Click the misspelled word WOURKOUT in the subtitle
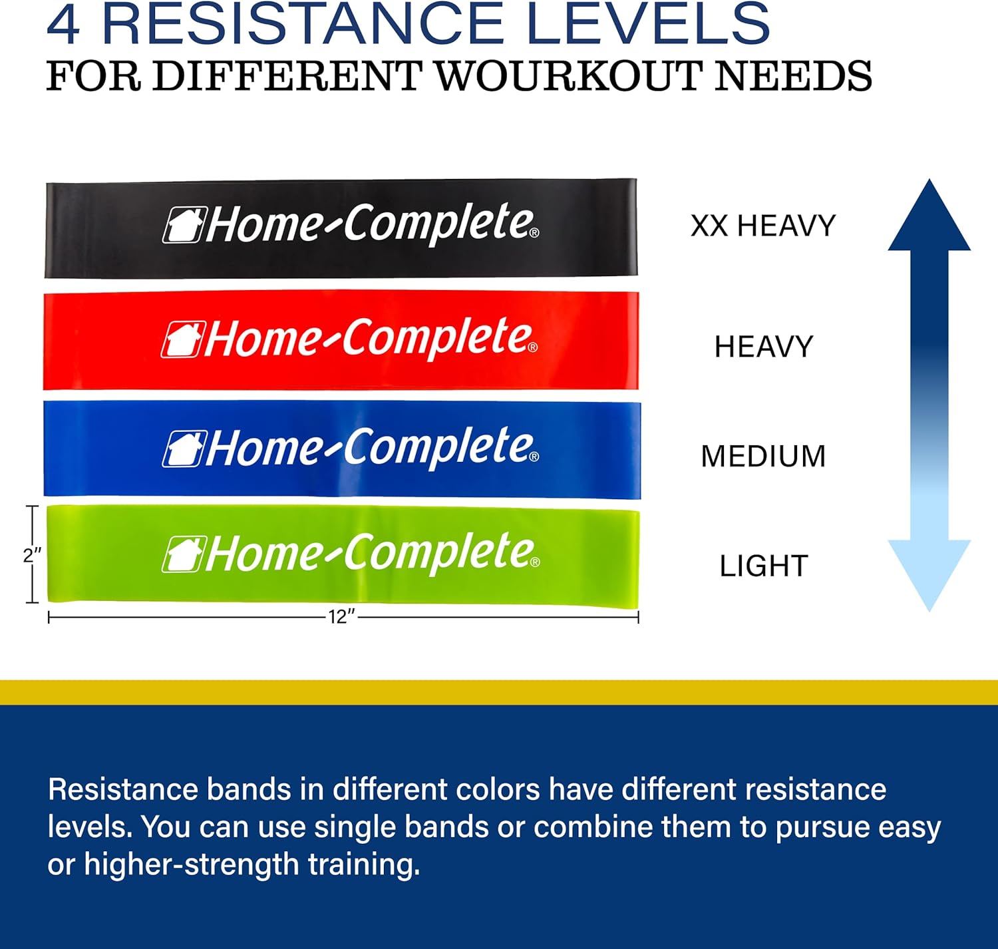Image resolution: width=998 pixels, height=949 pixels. tap(570, 77)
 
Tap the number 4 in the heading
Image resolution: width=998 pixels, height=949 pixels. tap(64, 25)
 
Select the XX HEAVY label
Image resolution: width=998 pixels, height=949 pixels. tap(763, 226)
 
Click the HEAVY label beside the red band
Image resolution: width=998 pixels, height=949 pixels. tap(764, 347)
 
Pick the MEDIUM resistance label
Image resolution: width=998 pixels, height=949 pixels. tap(763, 457)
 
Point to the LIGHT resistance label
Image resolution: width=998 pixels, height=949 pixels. tap(764, 566)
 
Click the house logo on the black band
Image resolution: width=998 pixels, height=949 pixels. tap(183, 225)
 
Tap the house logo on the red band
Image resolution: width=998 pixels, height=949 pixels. tap(182, 339)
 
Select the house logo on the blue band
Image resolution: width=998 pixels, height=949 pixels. tap(183, 449)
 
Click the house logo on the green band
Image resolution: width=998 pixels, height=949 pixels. tap(183, 554)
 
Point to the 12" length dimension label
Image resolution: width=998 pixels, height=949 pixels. tap(342, 618)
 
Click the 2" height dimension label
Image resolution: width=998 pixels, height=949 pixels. tap(32, 555)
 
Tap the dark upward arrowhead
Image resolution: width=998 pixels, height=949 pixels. tap(929, 216)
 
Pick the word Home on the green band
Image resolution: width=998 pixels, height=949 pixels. tap(263, 554)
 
